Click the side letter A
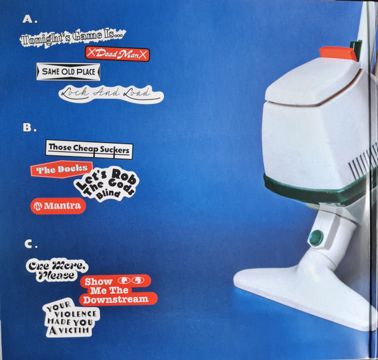28,20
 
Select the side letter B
28,127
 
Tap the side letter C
29,244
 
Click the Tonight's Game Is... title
73,37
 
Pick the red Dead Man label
117,54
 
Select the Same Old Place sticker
68,72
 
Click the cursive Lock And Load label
111,94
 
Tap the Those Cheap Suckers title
89,149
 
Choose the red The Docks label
62,169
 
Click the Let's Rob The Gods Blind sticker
106,184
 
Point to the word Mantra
62,206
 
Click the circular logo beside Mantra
38,206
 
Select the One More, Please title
57,270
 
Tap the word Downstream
116,299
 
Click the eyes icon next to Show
131,281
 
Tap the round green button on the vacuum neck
316,238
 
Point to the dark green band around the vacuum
313,190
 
